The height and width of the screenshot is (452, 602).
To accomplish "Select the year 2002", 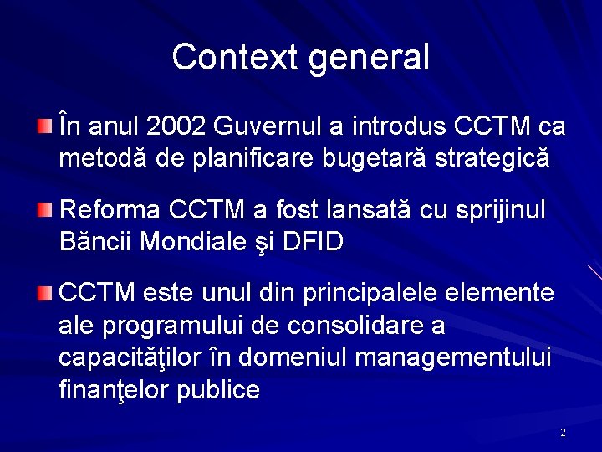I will [176, 126].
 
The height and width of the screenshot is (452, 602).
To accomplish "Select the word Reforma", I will [111, 209].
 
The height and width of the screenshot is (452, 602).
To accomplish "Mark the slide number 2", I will [563, 433].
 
